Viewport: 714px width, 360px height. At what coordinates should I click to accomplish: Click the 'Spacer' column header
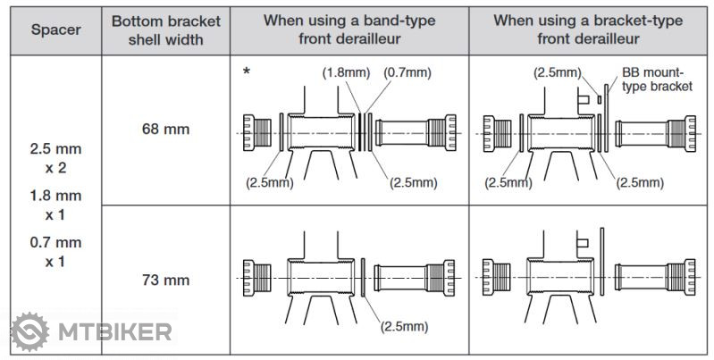pyautogui.click(x=55, y=29)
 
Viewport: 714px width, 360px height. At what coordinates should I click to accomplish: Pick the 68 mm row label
pyautogui.click(x=165, y=129)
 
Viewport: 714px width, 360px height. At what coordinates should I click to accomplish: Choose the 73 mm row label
pyautogui.click(x=165, y=280)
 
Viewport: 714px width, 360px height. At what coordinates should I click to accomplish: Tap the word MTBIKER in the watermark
pyautogui.click(x=115, y=333)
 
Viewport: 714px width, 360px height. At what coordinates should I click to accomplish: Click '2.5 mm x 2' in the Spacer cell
pyautogui.click(x=55, y=157)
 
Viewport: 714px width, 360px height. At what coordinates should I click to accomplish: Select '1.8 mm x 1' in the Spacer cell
pyautogui.click(x=55, y=205)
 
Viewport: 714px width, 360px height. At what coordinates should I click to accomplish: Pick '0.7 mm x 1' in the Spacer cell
pyautogui.click(x=55, y=252)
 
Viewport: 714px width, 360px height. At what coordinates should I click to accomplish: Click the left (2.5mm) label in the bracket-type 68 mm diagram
pyautogui.click(x=508, y=182)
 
